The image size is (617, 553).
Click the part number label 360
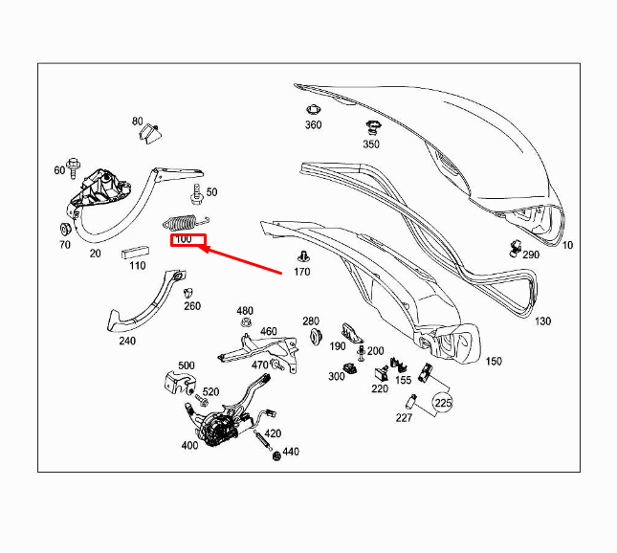click(x=313, y=124)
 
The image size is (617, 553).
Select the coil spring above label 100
click(x=186, y=222)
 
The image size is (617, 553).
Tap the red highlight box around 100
click(x=188, y=240)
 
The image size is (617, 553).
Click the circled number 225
click(x=443, y=403)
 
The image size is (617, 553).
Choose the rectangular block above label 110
click(x=135, y=252)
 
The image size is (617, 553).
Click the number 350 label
click(x=371, y=144)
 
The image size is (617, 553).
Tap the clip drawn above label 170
click(x=302, y=255)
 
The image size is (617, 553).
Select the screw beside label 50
click(x=197, y=194)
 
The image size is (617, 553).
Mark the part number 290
click(x=531, y=254)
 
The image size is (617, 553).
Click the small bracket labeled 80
click(x=150, y=133)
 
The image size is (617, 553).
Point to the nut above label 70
click(x=64, y=229)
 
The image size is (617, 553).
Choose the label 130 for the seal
click(x=542, y=321)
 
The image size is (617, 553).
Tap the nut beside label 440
click(x=276, y=455)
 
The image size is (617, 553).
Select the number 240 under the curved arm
click(x=127, y=341)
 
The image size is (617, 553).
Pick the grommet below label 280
click(x=316, y=337)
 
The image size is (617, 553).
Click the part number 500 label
click(x=187, y=365)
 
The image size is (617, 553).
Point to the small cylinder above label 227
click(x=411, y=401)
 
